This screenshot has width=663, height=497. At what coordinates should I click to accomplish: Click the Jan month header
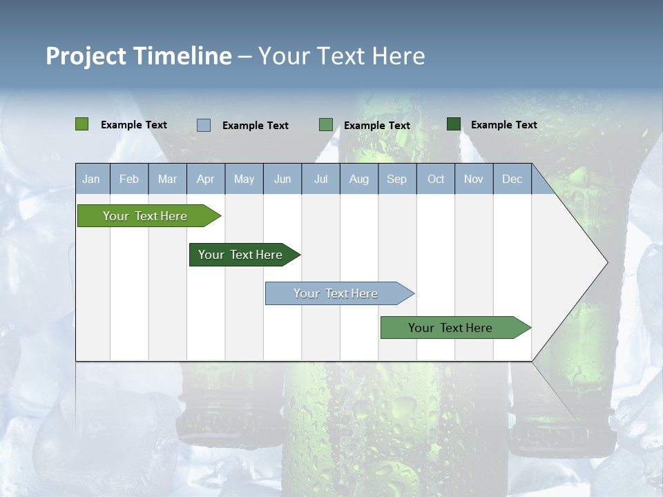91,179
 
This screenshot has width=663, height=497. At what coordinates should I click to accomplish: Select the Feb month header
129,179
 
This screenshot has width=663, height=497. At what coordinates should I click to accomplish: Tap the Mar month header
167,179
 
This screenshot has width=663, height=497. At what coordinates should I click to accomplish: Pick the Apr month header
206,179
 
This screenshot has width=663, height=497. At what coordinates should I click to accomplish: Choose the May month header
244,179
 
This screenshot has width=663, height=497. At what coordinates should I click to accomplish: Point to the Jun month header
282,179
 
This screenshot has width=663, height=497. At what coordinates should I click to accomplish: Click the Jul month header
320,179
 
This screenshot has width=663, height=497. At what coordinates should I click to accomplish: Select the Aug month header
359,179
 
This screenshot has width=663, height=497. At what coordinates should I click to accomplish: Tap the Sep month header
397,179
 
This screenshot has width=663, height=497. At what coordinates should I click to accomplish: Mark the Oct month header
436,179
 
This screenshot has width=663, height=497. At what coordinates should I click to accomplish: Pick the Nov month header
474,179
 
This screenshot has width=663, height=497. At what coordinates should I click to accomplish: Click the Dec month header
512,179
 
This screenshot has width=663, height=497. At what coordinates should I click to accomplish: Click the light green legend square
82,124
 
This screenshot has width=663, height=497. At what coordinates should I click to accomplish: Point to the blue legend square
204,125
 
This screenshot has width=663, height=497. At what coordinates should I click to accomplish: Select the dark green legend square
454,124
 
